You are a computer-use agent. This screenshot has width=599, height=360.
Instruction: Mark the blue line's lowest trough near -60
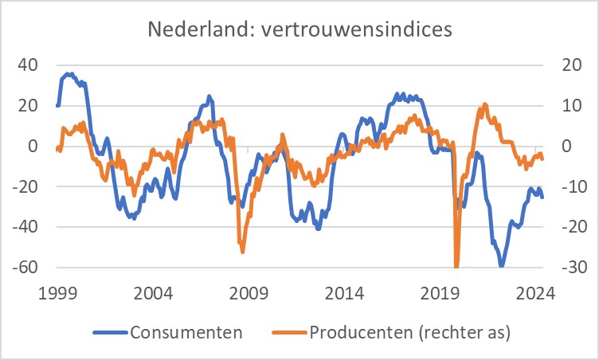point(501,265)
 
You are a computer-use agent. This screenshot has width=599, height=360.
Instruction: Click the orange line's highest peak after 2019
point(485,104)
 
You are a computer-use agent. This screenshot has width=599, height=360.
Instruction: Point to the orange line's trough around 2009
point(242,252)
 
